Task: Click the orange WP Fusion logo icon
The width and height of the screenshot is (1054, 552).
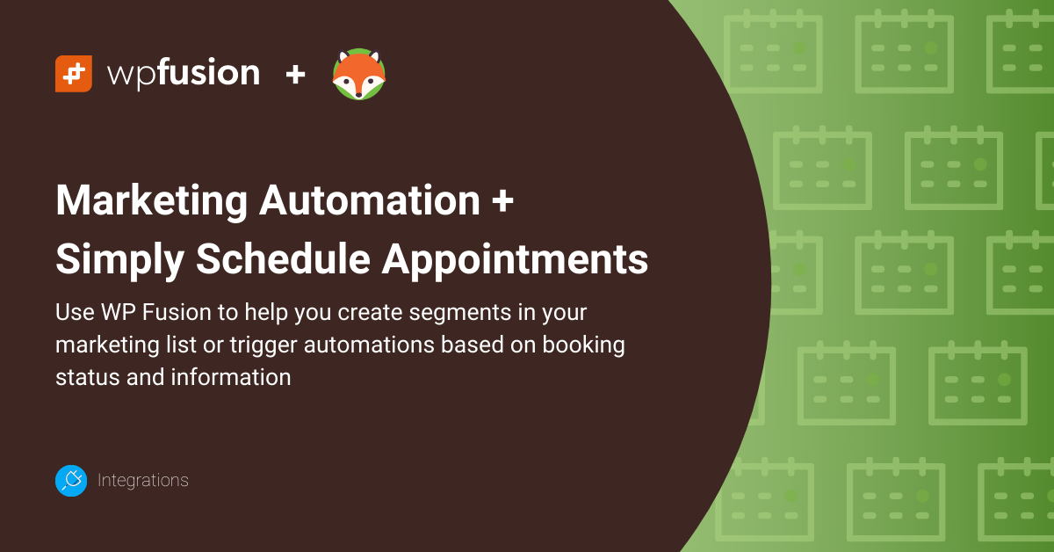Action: pyautogui.click(x=74, y=74)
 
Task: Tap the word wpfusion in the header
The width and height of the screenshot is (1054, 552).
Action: pyautogui.click(x=184, y=74)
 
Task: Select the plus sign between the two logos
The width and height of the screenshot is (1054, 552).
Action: pyautogui.click(x=295, y=75)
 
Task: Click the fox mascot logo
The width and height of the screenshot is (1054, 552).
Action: pyautogui.click(x=358, y=75)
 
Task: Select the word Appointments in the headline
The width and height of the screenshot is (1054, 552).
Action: pyautogui.click(x=519, y=259)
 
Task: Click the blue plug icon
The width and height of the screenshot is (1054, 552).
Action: pyautogui.click(x=71, y=481)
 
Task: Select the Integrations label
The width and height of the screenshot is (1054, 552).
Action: pyautogui.click(x=143, y=481)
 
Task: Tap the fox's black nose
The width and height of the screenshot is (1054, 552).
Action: pyautogui.click(x=358, y=91)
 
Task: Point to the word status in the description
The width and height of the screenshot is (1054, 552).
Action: pyautogui.click(x=83, y=376)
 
